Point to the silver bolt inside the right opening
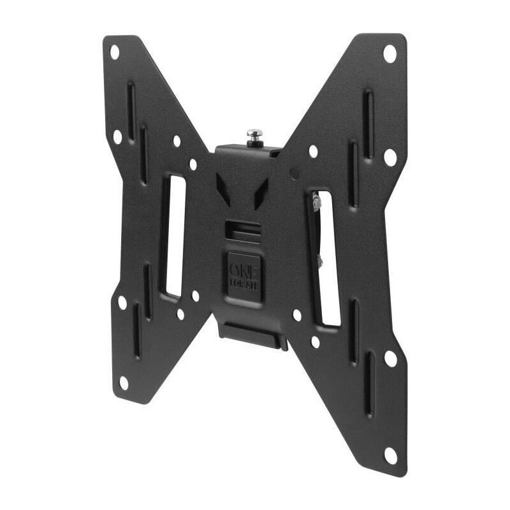(316, 204)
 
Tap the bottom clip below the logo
(252, 333)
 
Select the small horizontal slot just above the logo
(243, 228)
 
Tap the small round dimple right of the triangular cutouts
(294, 173)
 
